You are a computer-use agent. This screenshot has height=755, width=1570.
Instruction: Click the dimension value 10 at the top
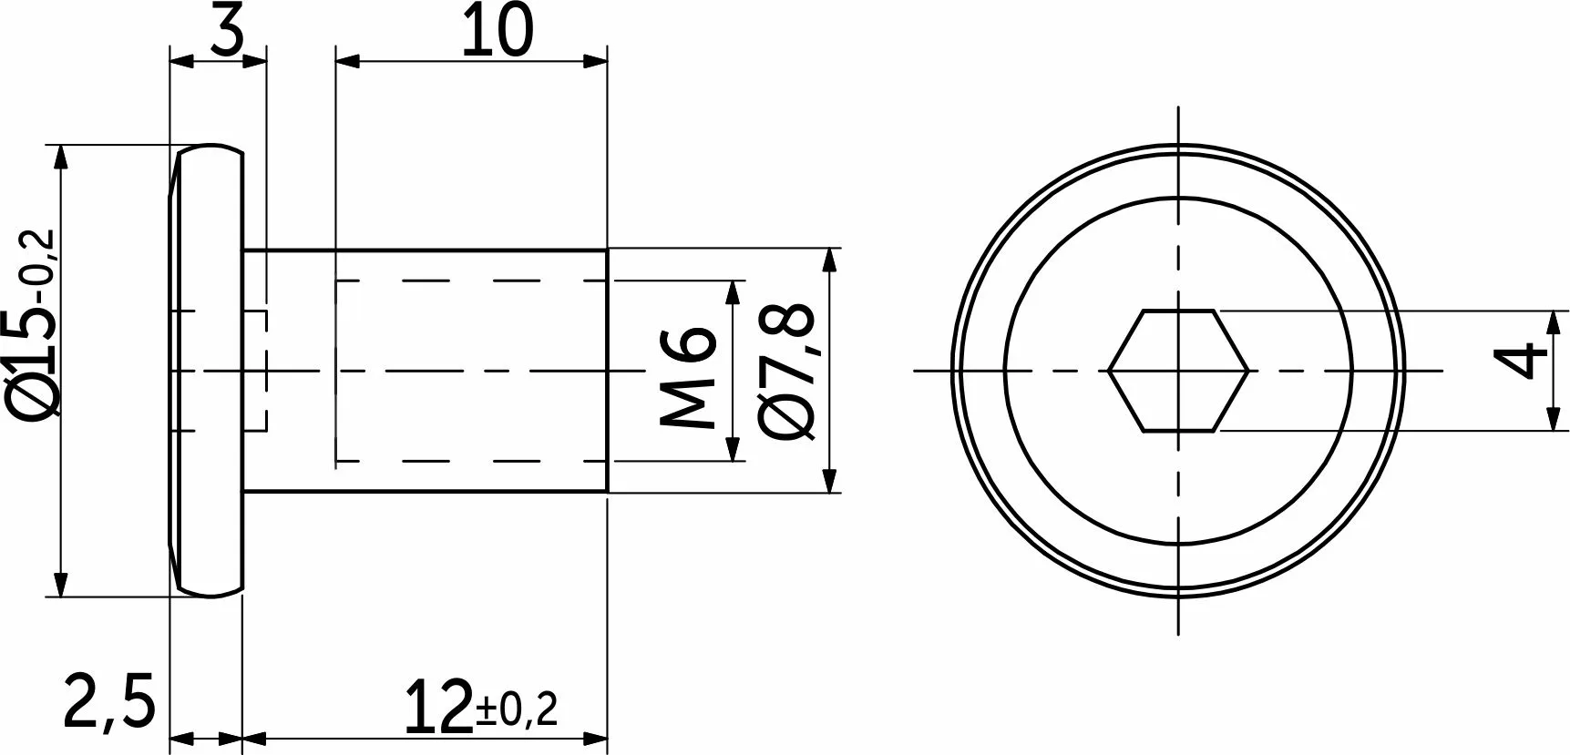pos(497,31)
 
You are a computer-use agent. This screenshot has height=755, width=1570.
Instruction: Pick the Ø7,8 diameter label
pos(785,372)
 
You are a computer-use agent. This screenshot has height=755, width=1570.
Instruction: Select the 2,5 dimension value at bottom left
pos(109,701)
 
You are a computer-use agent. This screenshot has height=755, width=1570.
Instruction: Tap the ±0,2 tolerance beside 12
pos(517,709)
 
